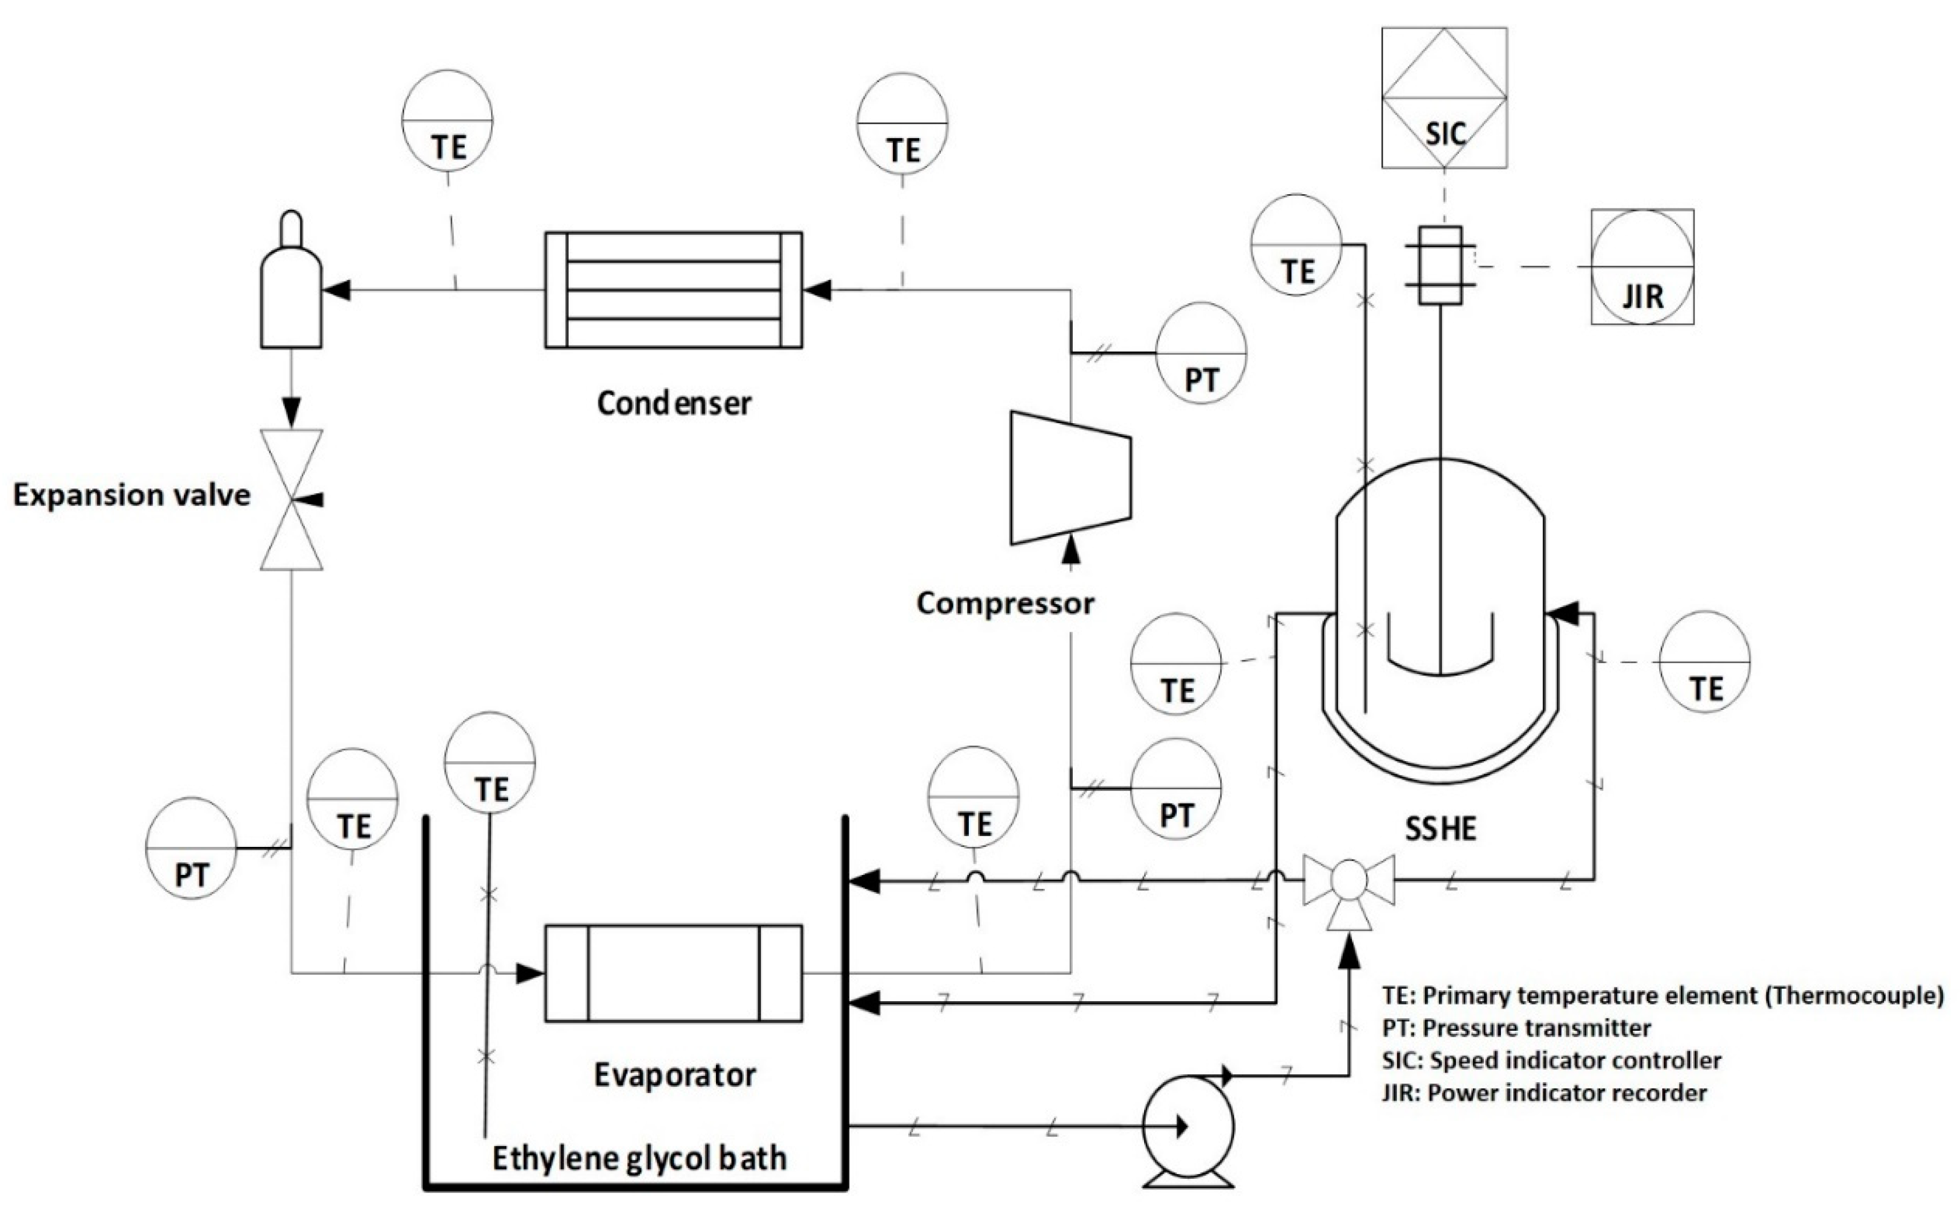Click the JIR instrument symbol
pos(1642,267)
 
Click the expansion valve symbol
pos(291,500)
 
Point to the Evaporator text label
pos(675,1075)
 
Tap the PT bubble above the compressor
pos(1201,354)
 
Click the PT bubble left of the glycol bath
pos(191,849)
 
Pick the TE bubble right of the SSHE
pos(1705,662)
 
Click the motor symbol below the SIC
pos(1440,265)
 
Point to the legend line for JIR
pos(1543,1093)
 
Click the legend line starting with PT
pos(1515,1028)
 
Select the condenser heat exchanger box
pos(673,290)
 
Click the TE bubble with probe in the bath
pos(489,761)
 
